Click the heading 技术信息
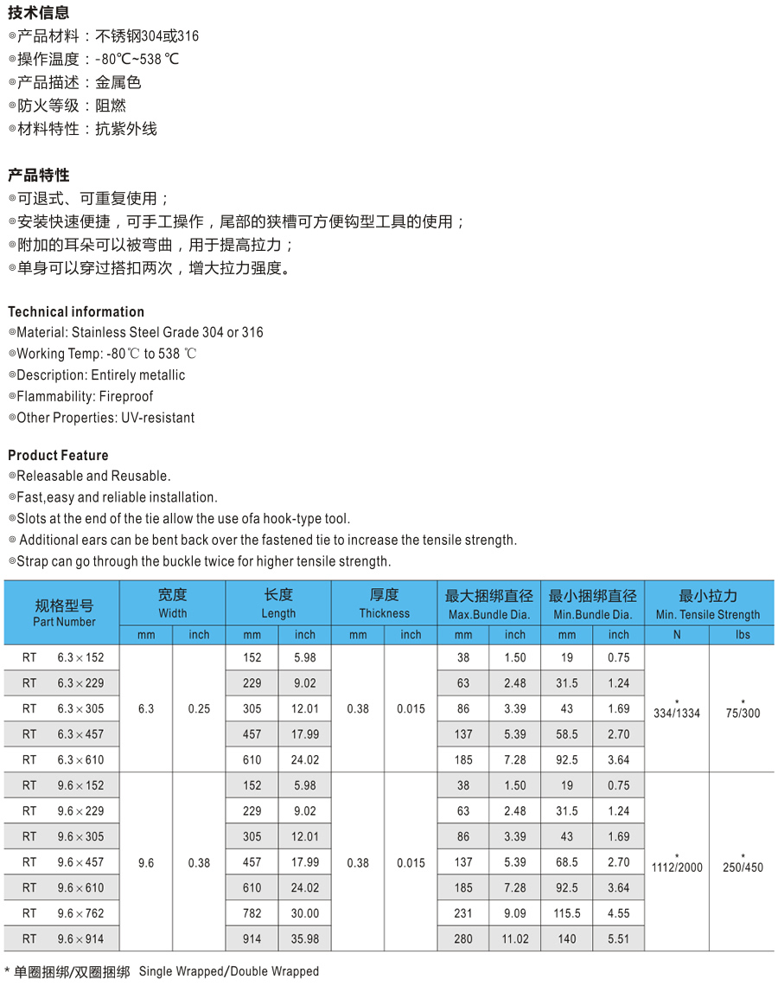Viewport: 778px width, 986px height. (39, 13)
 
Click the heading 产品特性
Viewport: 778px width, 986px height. (39, 176)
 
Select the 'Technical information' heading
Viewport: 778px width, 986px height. (76, 312)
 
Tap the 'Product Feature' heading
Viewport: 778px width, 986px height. (58, 456)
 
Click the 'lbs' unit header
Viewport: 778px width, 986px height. (743, 635)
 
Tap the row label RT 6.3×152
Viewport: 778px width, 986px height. (63, 657)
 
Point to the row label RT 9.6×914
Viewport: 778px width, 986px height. (63, 938)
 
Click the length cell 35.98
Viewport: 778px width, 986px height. (305, 938)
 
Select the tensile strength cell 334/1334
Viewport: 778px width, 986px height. (678, 713)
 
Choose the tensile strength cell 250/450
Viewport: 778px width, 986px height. (743, 867)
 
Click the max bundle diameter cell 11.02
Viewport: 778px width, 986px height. (515, 938)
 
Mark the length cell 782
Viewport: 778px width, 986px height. (252, 913)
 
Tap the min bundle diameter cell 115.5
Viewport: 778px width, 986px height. (566, 913)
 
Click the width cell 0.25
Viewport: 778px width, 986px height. (199, 709)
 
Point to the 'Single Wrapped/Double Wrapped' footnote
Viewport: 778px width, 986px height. (229, 971)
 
